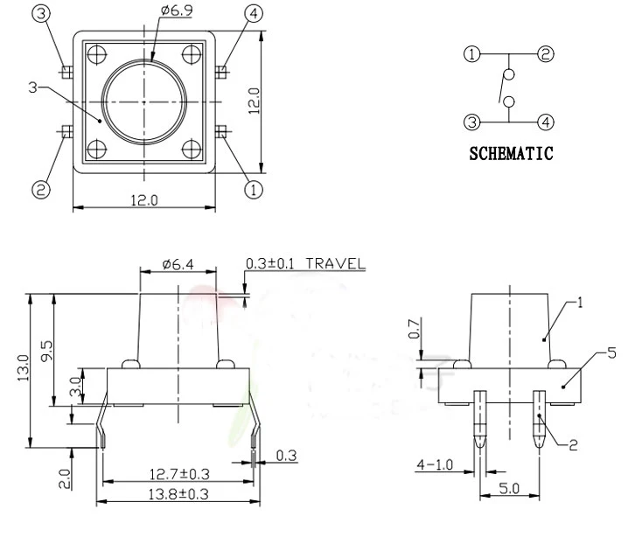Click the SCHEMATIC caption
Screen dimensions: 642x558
pos(511,154)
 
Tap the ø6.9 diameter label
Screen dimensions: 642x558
pos(177,10)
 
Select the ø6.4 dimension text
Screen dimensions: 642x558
pos(178,264)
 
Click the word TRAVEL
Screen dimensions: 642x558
pos(335,263)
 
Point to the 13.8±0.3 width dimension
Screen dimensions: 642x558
pos(178,494)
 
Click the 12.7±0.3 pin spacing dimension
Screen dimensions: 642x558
pos(179,474)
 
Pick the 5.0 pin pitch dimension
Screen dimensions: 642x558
pos(509,488)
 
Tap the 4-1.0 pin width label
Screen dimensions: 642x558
pos(435,464)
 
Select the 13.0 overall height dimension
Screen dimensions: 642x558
pos(24,368)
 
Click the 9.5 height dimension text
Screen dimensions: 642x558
pos(46,351)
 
